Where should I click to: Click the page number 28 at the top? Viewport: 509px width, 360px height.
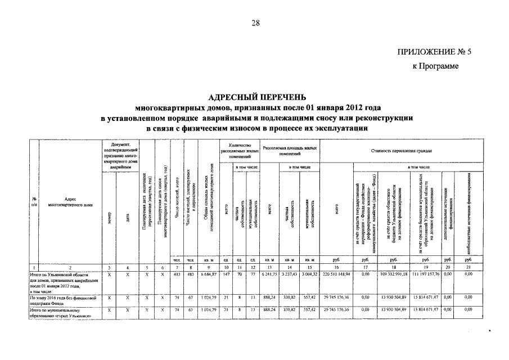[x=255, y=22]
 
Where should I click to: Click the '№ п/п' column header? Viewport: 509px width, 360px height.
[x=34, y=202]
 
